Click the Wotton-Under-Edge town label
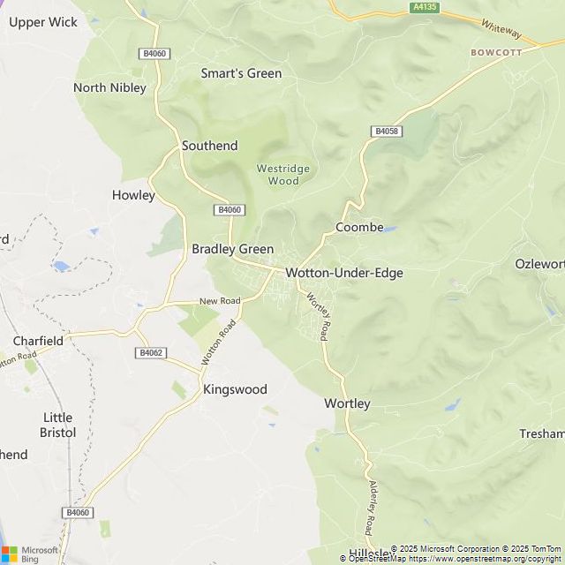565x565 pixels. [x=343, y=273]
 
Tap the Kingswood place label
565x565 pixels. [x=235, y=389]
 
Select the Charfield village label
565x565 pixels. [x=38, y=340]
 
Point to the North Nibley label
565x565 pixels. [x=109, y=87]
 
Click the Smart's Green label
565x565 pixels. [x=241, y=73]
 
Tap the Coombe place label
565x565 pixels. [x=359, y=227]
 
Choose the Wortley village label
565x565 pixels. [x=347, y=403]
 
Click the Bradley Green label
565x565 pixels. [x=232, y=249]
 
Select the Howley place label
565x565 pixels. [x=133, y=195]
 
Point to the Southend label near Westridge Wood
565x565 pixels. [x=209, y=145]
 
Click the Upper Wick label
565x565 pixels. [x=43, y=22]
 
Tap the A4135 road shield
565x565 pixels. [x=425, y=7]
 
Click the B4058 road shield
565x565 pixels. [x=387, y=132]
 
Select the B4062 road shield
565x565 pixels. [x=151, y=352]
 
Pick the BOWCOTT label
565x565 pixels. [x=496, y=52]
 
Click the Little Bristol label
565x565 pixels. [x=58, y=425]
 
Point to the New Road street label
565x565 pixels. [x=220, y=301]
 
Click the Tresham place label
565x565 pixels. [x=542, y=433]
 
